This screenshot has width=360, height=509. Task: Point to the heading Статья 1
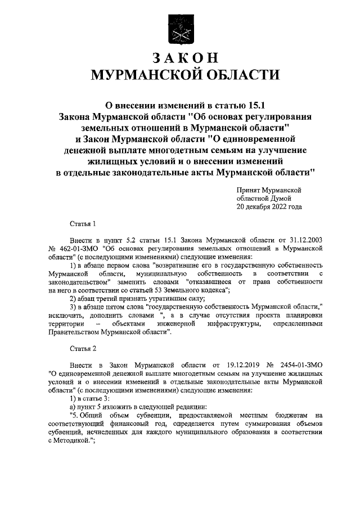point(83,223)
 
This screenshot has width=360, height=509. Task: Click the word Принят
point(250,191)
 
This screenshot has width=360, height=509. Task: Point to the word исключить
point(65,315)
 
